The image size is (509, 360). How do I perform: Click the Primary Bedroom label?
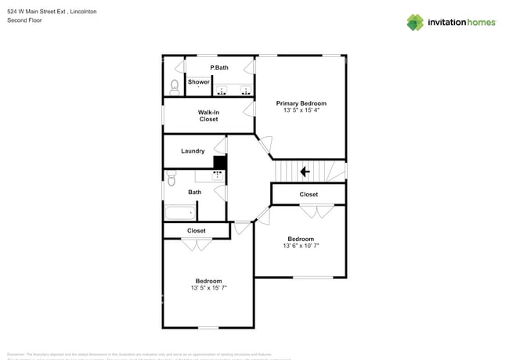coord(301,103)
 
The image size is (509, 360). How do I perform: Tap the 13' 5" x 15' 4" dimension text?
coord(301,111)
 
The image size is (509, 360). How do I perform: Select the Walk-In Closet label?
coord(208,116)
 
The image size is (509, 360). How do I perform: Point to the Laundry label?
coord(193,151)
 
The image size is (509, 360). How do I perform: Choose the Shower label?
coord(199,82)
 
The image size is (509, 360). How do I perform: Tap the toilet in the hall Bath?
coord(171,180)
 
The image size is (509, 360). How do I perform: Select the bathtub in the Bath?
coord(180,212)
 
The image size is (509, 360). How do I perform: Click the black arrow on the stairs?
coord(305,171)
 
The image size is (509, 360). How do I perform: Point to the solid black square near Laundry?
coord(220,162)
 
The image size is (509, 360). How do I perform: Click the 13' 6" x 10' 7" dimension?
coord(301,246)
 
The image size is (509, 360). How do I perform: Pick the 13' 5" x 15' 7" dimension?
coord(208,288)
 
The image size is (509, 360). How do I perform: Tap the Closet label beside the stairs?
coord(309,194)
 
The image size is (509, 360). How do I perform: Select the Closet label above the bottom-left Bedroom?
coord(197,231)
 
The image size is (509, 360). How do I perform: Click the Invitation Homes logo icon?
coord(415,22)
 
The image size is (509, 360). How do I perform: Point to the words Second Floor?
coord(24,20)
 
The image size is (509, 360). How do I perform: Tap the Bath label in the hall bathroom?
coord(194,193)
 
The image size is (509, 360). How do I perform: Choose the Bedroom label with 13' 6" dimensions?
coord(301,239)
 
